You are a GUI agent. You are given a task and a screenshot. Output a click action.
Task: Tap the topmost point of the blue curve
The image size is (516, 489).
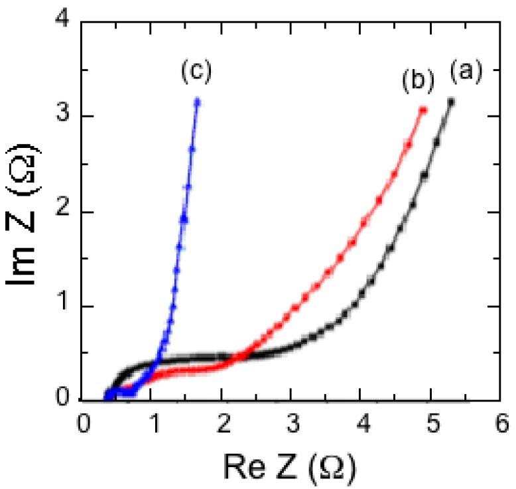[197, 102]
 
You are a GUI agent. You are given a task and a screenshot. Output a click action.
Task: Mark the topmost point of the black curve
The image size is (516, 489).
[452, 102]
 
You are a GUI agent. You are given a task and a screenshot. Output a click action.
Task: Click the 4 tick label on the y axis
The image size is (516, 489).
[63, 21]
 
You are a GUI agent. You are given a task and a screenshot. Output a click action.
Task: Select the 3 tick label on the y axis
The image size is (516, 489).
[63, 117]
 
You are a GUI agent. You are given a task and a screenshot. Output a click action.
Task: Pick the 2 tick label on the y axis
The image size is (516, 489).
[63, 212]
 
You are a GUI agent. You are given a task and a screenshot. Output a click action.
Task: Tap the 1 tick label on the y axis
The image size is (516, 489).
[63, 307]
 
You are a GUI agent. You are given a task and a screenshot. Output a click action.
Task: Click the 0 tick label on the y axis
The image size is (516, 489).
[63, 401]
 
